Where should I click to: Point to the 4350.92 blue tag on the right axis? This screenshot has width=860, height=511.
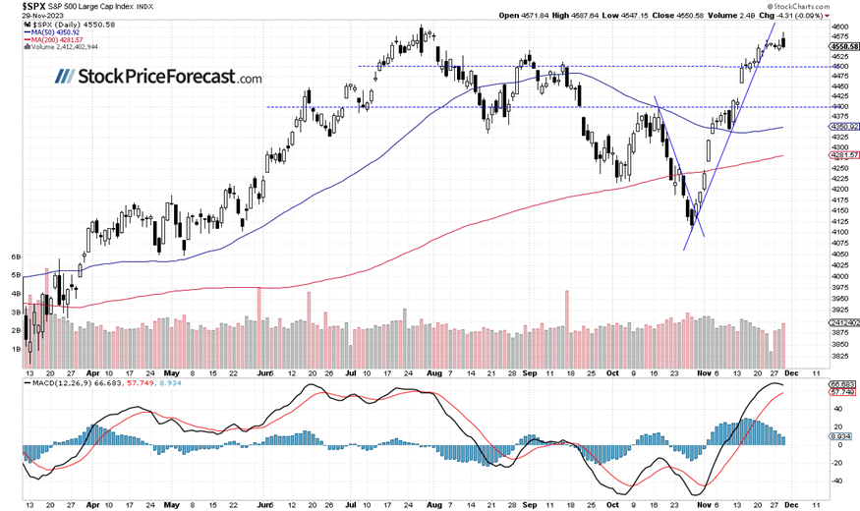tap(842, 127)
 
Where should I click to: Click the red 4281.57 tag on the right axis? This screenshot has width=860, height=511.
tap(842, 154)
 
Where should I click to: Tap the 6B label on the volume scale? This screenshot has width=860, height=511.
tap(15, 256)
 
